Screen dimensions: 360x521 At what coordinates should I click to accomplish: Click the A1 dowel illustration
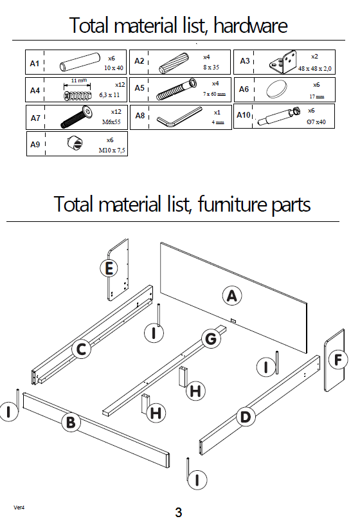pos(80,62)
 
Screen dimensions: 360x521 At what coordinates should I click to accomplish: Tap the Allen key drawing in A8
pos(179,116)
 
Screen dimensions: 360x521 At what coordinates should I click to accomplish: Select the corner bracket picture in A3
pos(283,62)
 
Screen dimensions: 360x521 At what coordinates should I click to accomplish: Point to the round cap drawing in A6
pos(276,89)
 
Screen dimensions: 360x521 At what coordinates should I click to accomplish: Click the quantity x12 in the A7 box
pos(116,112)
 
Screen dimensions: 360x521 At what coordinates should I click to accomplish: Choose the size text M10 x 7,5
pos(112,150)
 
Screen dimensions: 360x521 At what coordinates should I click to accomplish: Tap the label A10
pos(244,115)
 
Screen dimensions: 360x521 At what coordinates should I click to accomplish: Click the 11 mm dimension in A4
pos(79,80)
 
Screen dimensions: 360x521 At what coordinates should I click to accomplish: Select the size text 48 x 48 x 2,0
pos(314,69)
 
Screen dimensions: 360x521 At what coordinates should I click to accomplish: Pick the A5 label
pos(139,88)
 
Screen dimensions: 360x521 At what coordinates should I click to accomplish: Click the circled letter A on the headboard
pos(232,296)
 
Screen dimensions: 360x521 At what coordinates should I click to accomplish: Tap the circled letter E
pos(109,268)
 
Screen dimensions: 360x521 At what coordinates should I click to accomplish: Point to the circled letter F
pos(337,360)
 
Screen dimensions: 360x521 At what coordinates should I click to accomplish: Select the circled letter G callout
pos(211,339)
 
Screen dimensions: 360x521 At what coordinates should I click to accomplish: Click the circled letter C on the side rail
pos(82,349)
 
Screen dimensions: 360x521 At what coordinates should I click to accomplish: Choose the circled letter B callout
pos(71,423)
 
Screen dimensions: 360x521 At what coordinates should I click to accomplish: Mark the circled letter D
pos(246,417)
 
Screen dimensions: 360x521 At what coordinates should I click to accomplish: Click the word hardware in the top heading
pos(251,25)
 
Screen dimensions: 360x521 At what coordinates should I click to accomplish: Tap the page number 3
pos(178,512)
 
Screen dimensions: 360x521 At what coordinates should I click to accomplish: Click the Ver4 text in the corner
pos(19,507)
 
